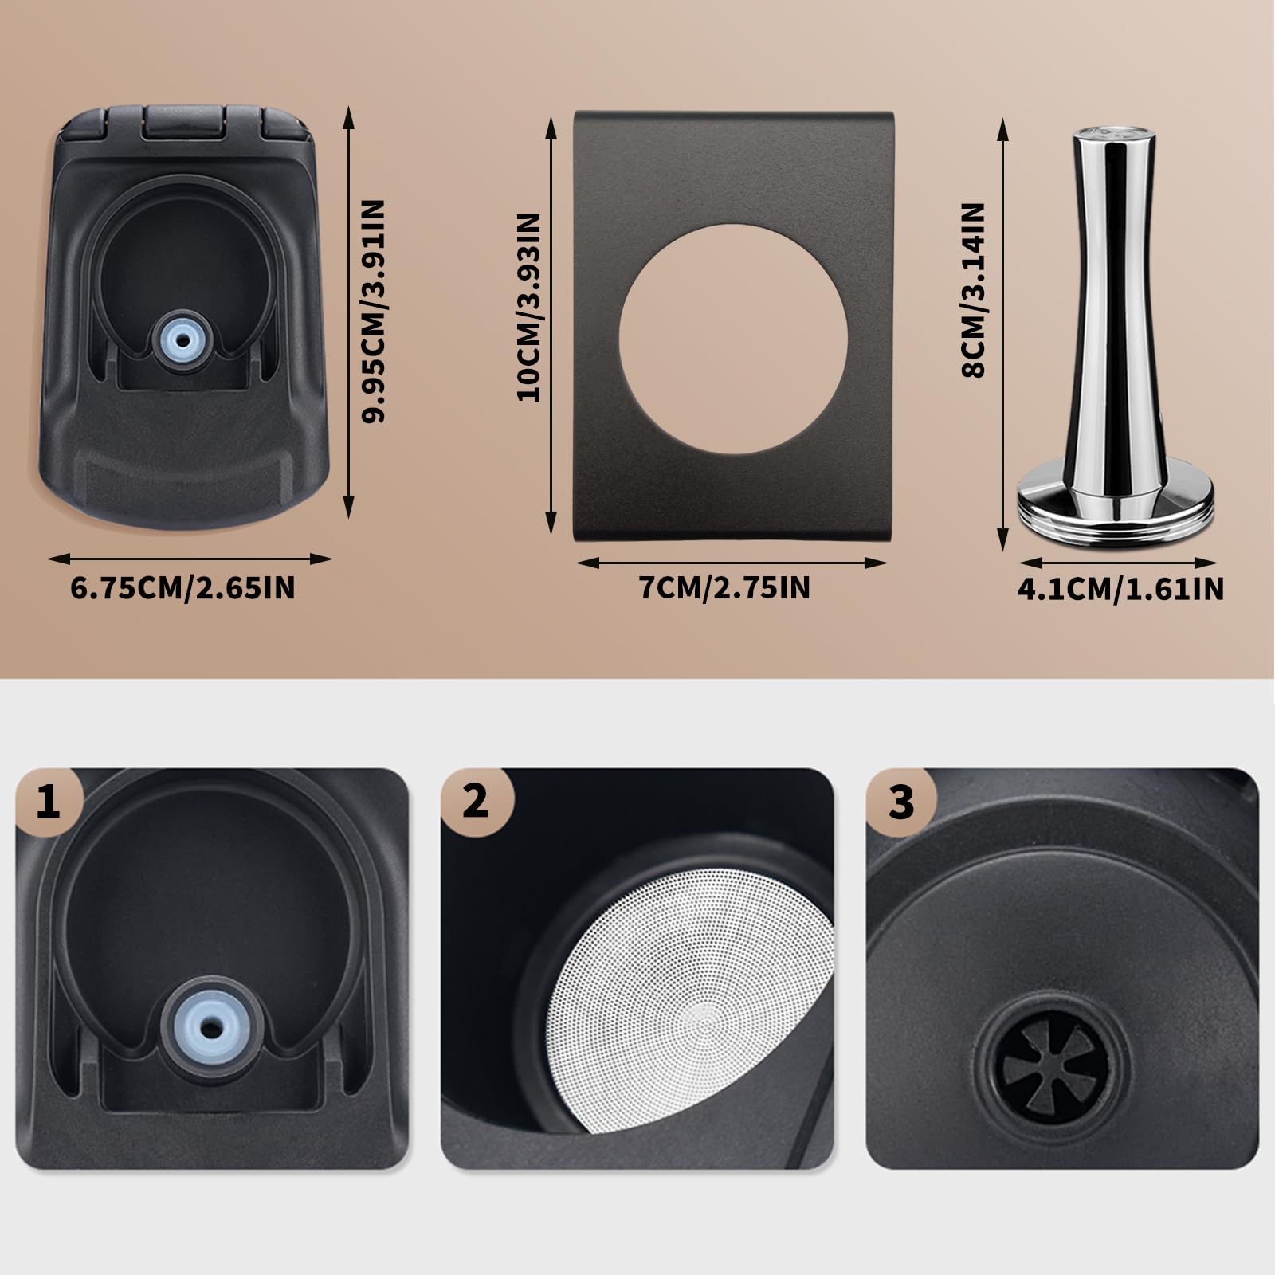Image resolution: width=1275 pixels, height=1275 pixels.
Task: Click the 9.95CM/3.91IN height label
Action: [x=373, y=311]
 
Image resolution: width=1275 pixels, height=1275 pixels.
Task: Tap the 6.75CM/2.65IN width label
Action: [x=183, y=588]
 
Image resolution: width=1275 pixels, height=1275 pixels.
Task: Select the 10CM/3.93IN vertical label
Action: [x=530, y=307]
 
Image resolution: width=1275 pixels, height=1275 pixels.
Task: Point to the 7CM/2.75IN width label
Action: [x=724, y=588]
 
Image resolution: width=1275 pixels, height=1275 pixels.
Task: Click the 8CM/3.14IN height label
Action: [x=974, y=290]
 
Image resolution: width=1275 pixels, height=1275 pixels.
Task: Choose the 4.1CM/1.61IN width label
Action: [x=1120, y=589]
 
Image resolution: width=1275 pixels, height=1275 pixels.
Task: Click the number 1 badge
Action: [x=49, y=801]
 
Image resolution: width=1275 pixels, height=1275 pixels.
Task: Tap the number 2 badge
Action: [x=476, y=801]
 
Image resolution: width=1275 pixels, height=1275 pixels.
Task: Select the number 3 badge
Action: [x=901, y=801]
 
